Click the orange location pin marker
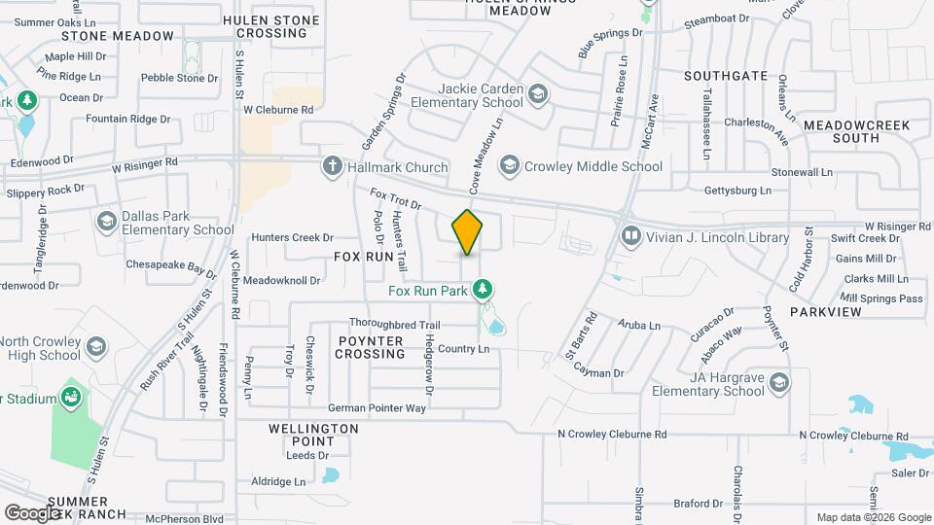point(468,231)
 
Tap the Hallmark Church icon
point(333,166)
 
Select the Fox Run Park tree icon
point(482,289)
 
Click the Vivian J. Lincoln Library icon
point(631,236)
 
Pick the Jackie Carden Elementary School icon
point(538,93)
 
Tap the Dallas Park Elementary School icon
point(106,222)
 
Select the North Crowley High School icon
point(95,347)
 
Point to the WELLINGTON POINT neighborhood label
point(313,435)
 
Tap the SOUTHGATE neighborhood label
point(725,75)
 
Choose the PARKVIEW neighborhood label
point(825,312)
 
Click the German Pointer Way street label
point(377,408)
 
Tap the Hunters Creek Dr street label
point(292,237)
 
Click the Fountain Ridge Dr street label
point(127,119)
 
